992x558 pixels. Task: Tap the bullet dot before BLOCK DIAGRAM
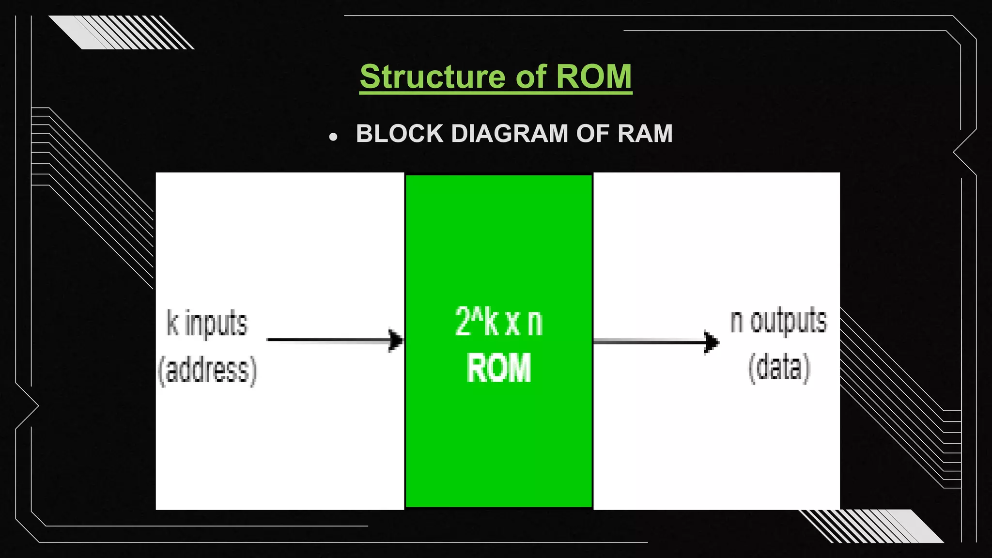point(333,138)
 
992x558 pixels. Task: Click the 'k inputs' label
point(207,323)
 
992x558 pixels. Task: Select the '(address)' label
point(207,371)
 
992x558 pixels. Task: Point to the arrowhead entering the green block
point(396,341)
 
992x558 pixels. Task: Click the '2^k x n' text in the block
point(498,322)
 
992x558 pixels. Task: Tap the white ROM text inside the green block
point(498,368)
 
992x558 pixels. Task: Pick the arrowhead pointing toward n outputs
point(712,342)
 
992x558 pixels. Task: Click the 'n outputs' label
point(778,321)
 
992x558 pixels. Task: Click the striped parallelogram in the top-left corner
point(121,32)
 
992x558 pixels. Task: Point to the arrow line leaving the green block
point(649,342)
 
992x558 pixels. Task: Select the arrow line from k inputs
point(329,340)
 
